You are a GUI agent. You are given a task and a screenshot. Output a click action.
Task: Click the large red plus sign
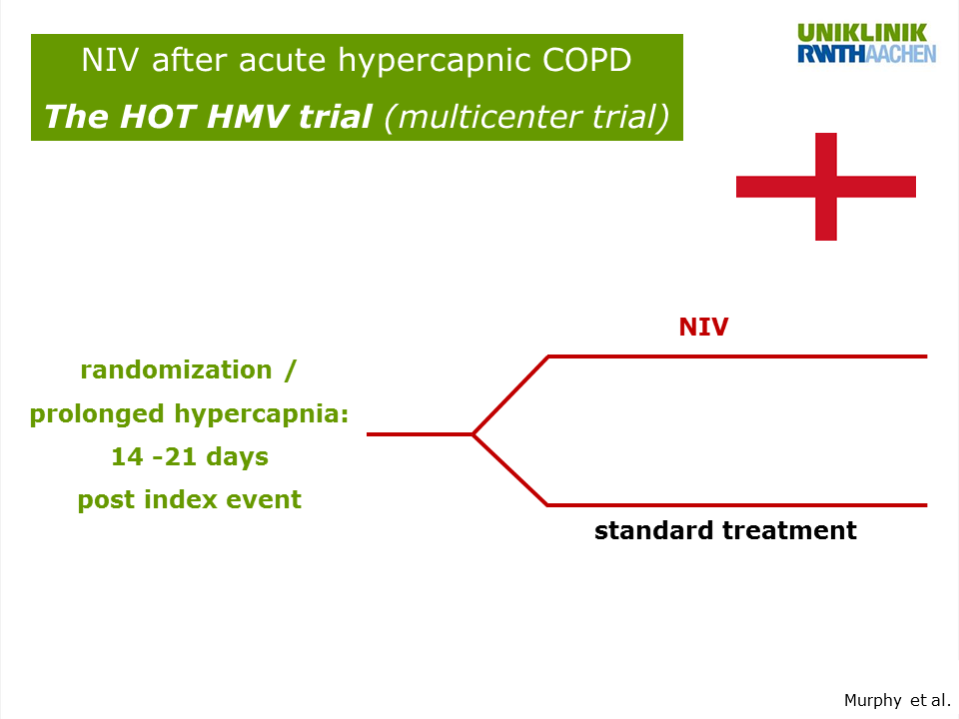tap(826, 187)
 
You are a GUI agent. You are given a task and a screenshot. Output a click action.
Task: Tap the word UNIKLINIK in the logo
tap(862, 33)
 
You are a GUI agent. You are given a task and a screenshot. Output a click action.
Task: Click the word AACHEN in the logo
tap(901, 54)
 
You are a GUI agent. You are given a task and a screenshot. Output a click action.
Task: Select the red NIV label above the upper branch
tap(703, 328)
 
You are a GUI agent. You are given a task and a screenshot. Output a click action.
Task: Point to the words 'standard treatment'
tap(725, 530)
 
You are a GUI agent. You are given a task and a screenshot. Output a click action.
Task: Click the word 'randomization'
tap(176, 369)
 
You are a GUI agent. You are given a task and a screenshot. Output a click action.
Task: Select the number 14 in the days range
tap(127, 456)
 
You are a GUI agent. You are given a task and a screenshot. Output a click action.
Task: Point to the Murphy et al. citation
tap(897, 700)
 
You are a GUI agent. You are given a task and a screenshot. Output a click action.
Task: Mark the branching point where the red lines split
tap(474, 434)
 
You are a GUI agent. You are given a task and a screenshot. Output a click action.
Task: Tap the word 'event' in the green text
tap(264, 499)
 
